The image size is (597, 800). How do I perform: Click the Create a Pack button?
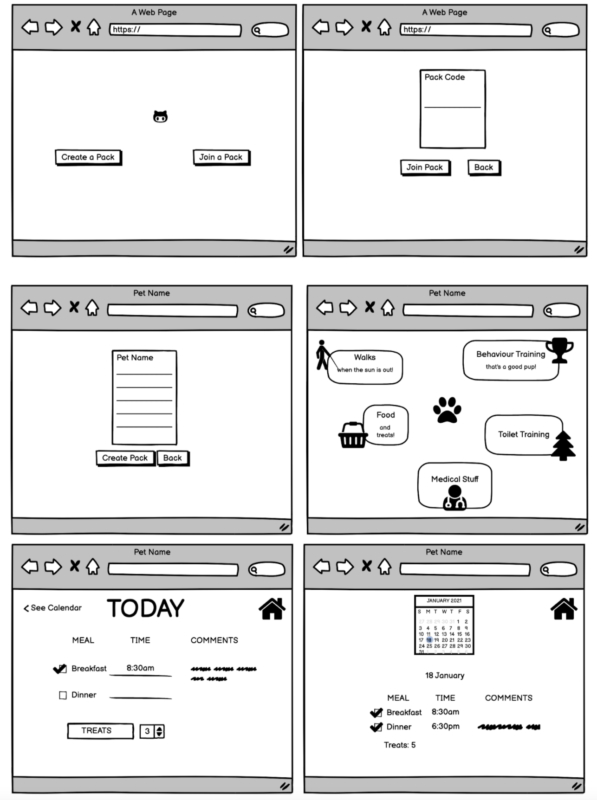[x=88, y=157]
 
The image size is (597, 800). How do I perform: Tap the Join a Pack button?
[x=221, y=157]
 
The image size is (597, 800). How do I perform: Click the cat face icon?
[x=161, y=116]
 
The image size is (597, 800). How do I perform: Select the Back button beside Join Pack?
[x=483, y=168]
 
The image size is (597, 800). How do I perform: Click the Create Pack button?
[x=125, y=458]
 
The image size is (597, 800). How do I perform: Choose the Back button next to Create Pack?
[x=172, y=458]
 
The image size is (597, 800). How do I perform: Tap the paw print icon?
[x=447, y=410]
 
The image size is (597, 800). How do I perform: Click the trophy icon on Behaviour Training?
[x=559, y=350]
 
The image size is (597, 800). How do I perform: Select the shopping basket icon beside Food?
[x=352, y=435]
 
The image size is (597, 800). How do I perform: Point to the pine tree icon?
[x=563, y=445]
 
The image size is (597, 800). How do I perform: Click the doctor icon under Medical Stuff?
[x=454, y=498]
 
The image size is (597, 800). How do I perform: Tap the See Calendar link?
[x=52, y=608]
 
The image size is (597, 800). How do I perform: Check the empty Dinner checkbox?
[x=63, y=695]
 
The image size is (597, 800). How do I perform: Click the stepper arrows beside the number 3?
[x=159, y=731]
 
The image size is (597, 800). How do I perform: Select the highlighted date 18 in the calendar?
[x=429, y=640]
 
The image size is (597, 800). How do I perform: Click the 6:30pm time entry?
[x=445, y=726]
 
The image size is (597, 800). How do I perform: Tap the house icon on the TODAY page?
[x=272, y=608]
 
